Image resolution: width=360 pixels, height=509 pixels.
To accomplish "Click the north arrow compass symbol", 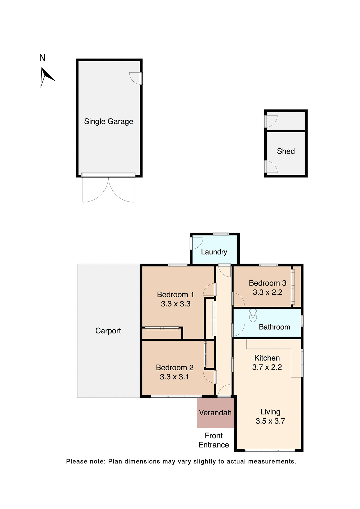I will click(46, 77).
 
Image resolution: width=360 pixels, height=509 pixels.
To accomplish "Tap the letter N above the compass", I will click(42, 58).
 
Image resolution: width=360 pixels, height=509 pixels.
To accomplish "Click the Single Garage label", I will click(108, 121).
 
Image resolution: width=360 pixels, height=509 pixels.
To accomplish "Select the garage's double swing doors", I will click(108, 190).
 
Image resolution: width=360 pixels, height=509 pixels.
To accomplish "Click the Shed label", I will click(286, 151).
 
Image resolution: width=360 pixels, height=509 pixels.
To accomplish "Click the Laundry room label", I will click(214, 252).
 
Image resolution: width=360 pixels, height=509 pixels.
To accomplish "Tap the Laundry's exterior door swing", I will click(197, 243).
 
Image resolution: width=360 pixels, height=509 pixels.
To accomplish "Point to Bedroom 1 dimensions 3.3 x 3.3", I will click(175, 304).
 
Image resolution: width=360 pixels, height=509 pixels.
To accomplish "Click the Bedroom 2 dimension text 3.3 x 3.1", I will click(174, 377).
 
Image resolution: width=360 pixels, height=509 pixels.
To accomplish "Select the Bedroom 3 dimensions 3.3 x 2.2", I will click(267, 292).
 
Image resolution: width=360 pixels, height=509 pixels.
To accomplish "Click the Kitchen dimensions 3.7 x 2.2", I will click(267, 367).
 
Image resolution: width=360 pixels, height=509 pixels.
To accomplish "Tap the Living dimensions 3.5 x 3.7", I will click(270, 421).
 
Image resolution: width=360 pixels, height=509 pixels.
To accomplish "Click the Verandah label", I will click(215, 413).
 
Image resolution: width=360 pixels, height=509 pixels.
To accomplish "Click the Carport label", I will click(108, 331).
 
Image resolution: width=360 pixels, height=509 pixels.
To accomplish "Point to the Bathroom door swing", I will click(238, 330).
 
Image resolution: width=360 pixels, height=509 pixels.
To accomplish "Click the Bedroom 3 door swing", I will click(238, 299).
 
